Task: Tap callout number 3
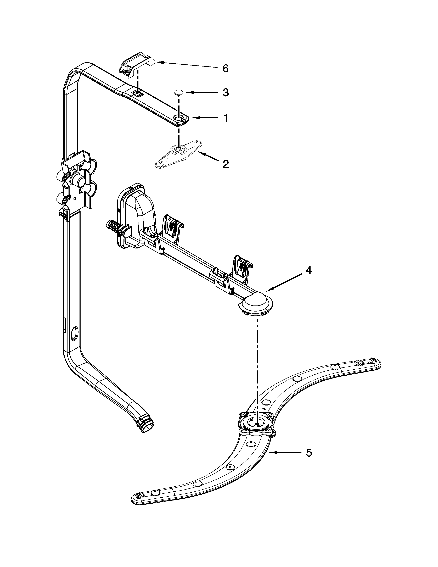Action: coord(225,92)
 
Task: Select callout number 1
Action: coord(225,118)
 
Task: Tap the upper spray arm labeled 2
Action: coord(179,154)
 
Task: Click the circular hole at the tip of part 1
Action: coord(178,118)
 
